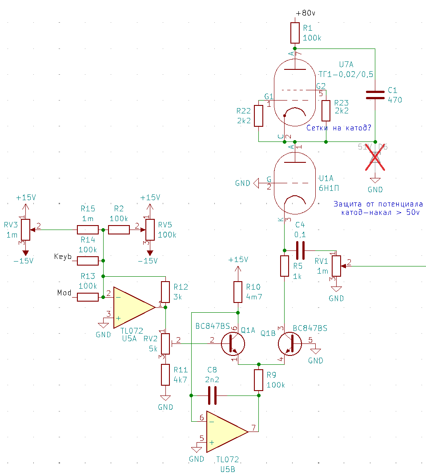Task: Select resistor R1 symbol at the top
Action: coord(295,32)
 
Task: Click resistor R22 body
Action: coord(259,116)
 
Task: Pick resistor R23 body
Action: coord(326,111)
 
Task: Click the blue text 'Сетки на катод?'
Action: coord(339,128)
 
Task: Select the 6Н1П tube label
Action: coord(327,188)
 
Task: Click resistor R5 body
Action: coord(284,266)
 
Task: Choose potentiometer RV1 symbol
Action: coord(337,266)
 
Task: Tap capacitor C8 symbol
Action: coord(212,395)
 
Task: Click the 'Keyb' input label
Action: coord(63,257)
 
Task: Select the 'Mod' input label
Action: coord(64,293)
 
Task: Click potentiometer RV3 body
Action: coord(25,230)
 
